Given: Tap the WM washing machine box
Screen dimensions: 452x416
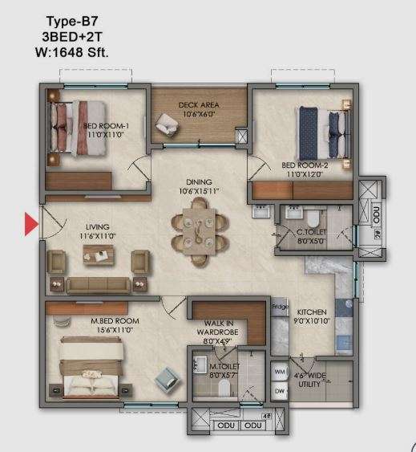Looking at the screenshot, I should click(x=279, y=373).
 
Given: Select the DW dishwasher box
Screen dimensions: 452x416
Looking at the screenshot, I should click(x=279, y=391).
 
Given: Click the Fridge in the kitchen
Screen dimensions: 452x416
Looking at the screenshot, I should click(x=279, y=306).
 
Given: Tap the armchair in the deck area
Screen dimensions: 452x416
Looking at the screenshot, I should click(x=168, y=121).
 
